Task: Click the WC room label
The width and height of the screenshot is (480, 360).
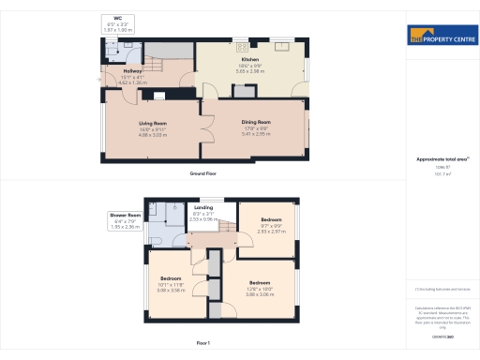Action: [118, 18]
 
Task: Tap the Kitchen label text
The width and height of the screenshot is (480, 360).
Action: [250, 59]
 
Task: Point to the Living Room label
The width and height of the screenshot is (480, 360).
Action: [152, 123]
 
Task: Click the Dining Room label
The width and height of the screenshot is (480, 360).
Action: [257, 123]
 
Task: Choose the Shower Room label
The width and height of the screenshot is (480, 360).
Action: [126, 215]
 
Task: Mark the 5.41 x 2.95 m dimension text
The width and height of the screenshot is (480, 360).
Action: [257, 134]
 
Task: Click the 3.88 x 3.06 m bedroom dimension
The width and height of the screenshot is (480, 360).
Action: [261, 294]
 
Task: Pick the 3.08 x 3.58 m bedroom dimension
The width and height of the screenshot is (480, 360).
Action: [170, 290]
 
